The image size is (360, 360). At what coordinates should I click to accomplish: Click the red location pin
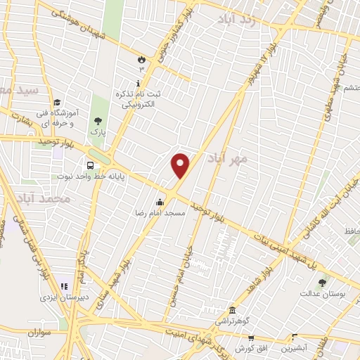(181, 165)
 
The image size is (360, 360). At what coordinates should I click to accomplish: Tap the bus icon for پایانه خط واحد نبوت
(89, 166)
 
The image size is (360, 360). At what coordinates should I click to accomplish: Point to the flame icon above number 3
(141, 60)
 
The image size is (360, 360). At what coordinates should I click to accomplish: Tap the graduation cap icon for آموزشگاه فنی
(56, 103)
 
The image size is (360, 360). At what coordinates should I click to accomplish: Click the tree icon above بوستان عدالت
(322, 282)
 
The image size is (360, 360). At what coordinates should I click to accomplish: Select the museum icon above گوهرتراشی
(232, 310)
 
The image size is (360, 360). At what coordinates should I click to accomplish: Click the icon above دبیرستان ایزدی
(64, 286)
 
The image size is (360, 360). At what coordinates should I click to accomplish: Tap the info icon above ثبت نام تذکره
(138, 83)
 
